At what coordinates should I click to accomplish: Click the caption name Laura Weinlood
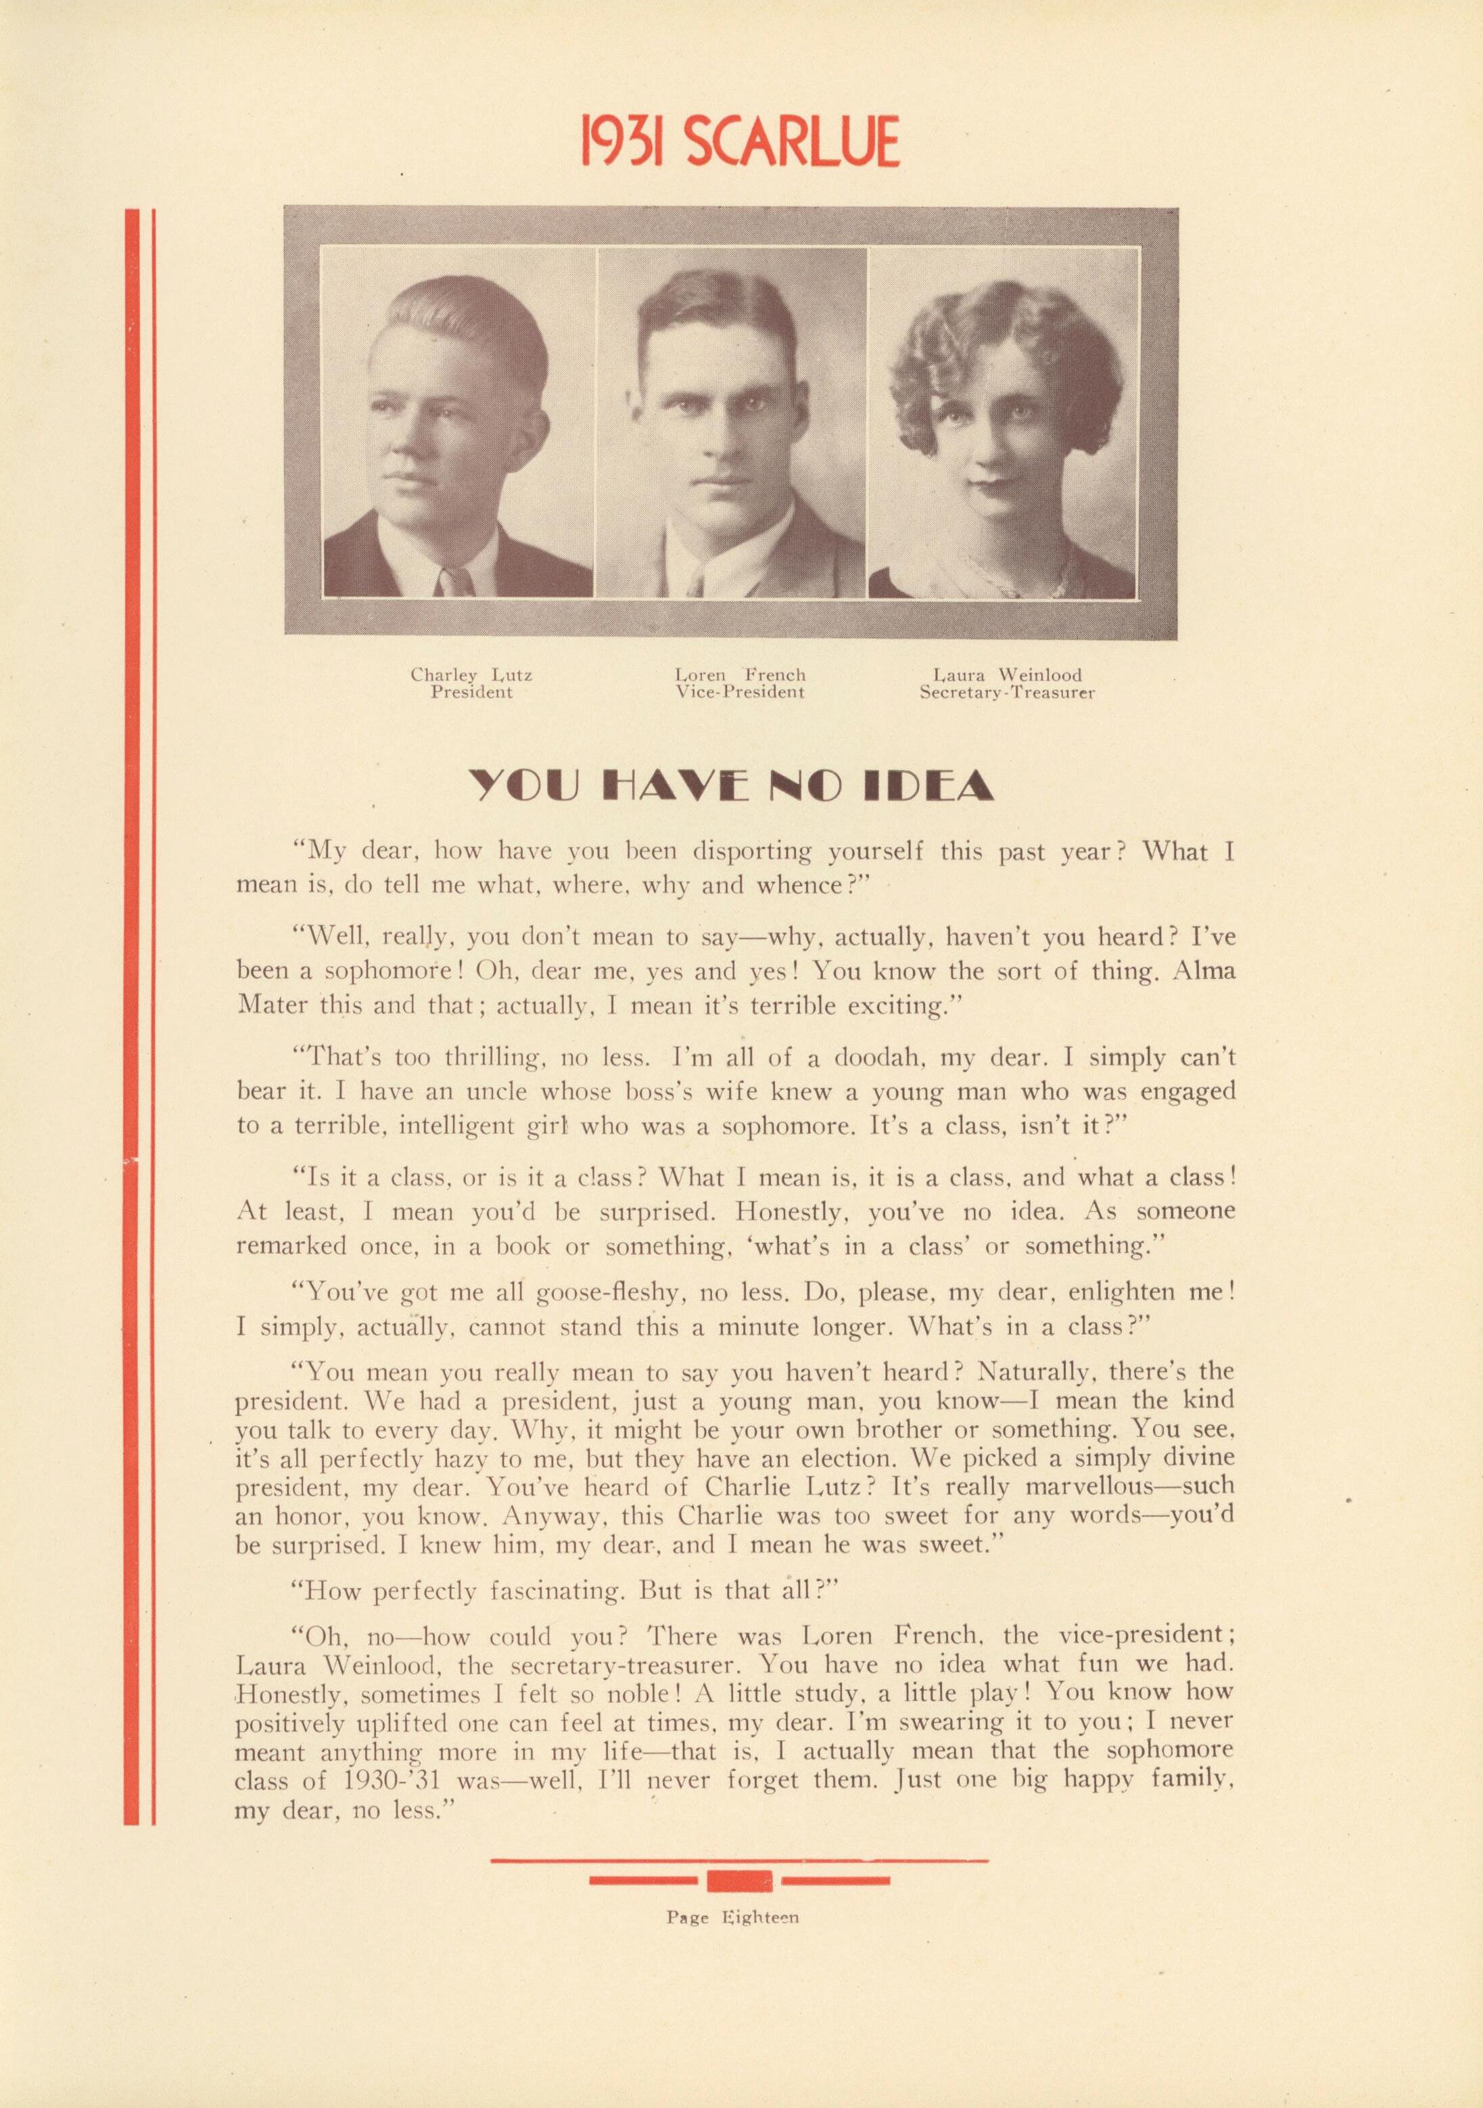(x=1007, y=675)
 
